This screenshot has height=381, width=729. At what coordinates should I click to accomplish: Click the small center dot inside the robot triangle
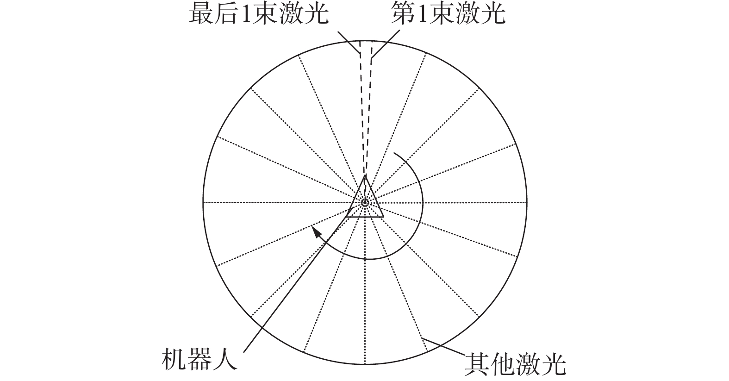pos(365,202)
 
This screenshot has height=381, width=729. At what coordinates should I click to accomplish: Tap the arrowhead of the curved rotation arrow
pos(316,231)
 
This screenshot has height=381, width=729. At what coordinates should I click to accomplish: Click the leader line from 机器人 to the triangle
pos(296,285)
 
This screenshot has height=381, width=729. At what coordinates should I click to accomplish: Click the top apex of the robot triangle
pos(365,175)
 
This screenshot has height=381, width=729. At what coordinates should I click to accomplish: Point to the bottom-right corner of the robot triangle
pos(383,216)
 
